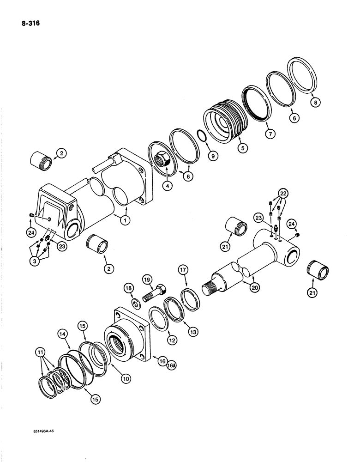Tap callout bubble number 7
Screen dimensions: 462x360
click(270, 134)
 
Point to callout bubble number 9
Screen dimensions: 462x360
click(212, 157)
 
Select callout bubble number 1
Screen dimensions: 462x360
click(124, 220)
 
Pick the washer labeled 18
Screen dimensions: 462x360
click(136, 303)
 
